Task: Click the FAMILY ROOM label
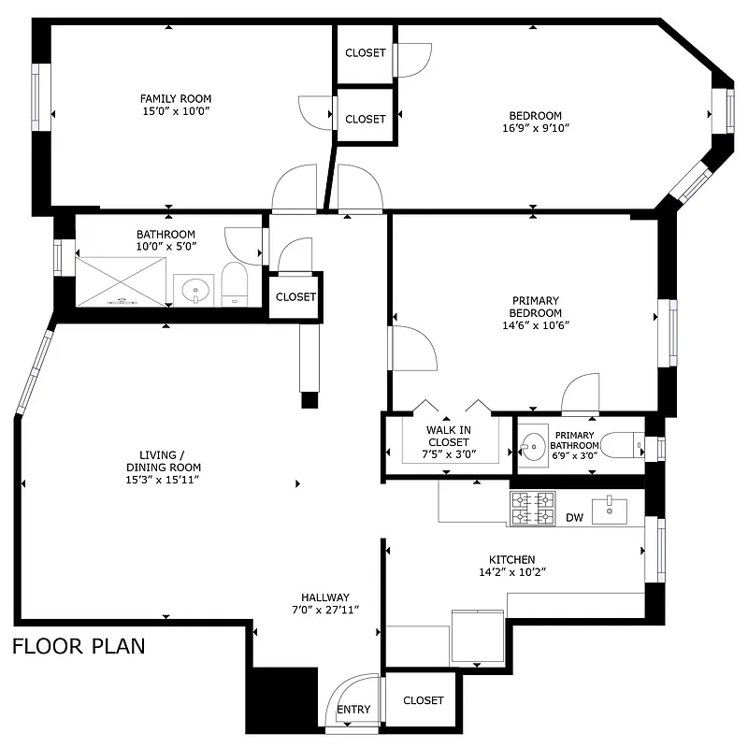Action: point(176,98)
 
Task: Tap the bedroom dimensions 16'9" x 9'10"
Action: point(536,129)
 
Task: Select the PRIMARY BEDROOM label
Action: point(536,306)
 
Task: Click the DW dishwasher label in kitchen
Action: point(574,518)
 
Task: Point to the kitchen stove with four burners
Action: point(533,509)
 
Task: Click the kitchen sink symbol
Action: point(615,507)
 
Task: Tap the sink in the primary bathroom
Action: point(534,445)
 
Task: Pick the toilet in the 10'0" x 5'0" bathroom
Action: point(234,285)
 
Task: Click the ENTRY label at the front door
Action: point(353,709)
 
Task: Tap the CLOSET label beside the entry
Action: point(424,700)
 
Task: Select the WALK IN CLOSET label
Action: point(449,436)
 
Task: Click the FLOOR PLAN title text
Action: point(79,646)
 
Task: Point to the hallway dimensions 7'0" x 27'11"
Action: point(324,610)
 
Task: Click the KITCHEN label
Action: point(511,559)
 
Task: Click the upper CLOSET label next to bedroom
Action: point(365,52)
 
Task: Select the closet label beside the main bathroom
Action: point(295,296)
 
